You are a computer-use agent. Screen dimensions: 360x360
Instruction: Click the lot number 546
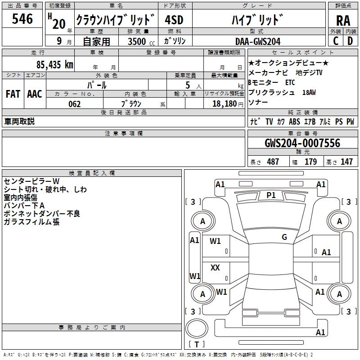(x=22, y=19)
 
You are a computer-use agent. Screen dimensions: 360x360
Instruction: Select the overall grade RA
(x=343, y=21)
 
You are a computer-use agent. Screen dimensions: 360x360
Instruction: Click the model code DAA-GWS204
(x=258, y=42)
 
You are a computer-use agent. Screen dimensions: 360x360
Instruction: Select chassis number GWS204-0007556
(x=302, y=144)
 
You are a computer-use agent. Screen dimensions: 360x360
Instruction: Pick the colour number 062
(x=74, y=104)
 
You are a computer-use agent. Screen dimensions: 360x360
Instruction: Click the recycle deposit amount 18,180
(x=224, y=104)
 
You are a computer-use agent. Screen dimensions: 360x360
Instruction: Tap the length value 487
(x=273, y=162)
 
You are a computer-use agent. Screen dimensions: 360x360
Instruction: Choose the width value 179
(x=310, y=162)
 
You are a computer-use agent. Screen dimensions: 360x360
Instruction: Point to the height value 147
(x=346, y=162)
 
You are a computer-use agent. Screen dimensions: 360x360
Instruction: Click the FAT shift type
(x=13, y=94)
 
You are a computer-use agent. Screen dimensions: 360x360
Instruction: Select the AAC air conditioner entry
(x=35, y=94)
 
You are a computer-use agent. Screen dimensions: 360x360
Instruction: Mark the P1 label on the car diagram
(x=271, y=195)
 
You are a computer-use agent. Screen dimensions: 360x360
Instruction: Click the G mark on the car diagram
(x=284, y=237)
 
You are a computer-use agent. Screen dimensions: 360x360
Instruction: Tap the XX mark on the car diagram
(x=215, y=268)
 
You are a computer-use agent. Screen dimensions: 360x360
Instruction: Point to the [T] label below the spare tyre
(x=197, y=345)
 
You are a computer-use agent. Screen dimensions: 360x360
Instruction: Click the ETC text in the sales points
(x=290, y=83)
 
